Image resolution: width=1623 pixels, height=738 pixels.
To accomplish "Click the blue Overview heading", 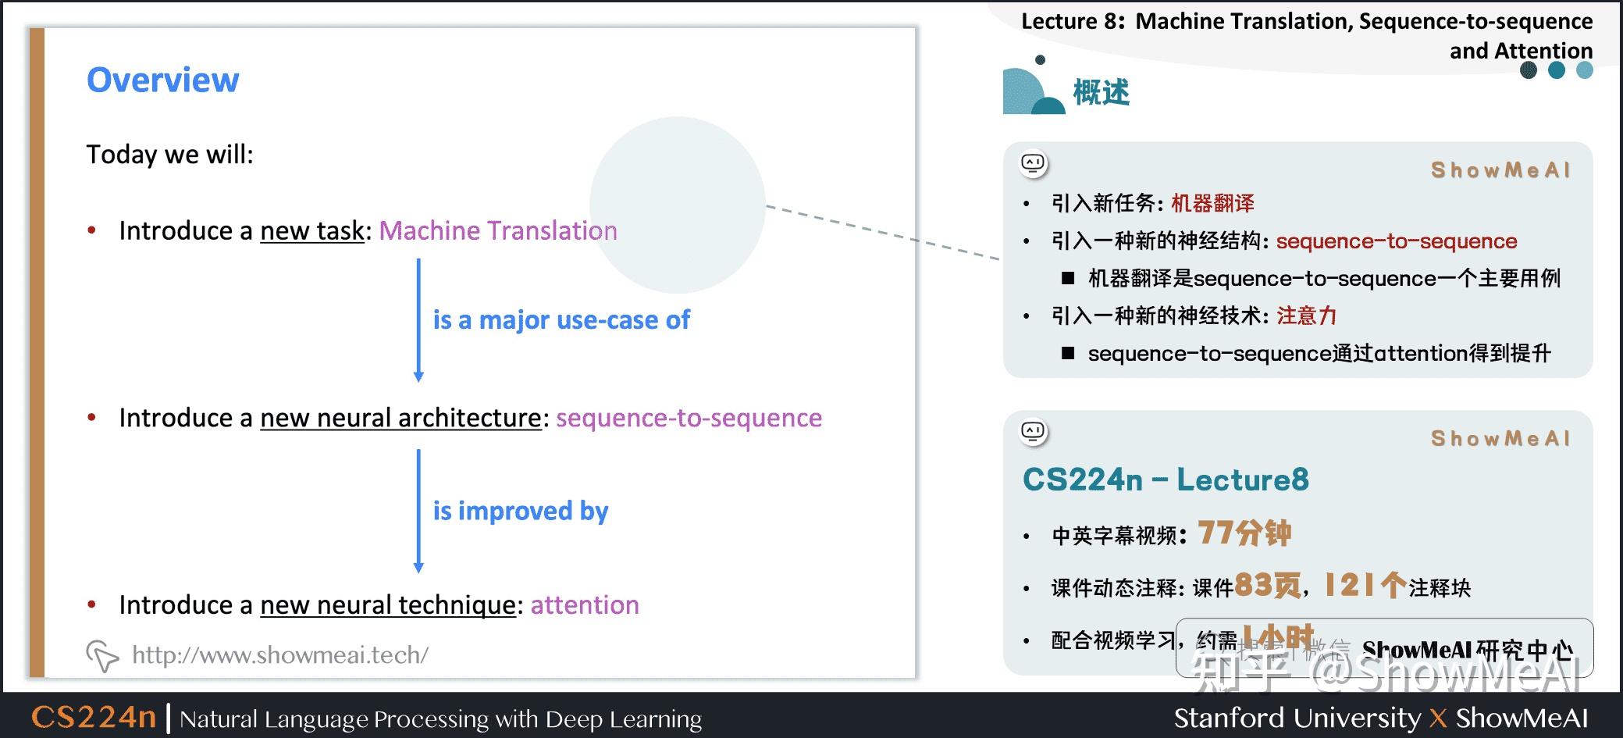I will pos(162,80).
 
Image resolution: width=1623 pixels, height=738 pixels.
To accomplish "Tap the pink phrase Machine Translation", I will pos(497,230).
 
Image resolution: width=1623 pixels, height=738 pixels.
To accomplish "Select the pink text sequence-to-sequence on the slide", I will pos(689,418).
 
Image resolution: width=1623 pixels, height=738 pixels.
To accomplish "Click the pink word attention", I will pos(585,605).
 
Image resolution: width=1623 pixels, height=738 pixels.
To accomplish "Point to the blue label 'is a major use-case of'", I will pos(561,319).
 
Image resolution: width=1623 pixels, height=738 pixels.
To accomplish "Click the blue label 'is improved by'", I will pos(520,511).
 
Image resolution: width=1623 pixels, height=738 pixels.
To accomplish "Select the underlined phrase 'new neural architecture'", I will pos(400,418).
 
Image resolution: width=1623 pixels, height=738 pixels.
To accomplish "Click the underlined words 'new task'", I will pos(312,230).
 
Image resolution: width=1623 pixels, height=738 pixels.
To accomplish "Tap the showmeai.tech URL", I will pos(279,654).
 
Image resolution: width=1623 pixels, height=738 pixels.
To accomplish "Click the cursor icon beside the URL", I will pos(101,655).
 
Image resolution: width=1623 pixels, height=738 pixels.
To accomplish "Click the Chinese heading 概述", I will pos(1101,92).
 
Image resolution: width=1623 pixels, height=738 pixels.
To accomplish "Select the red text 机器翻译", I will pos(1212,203).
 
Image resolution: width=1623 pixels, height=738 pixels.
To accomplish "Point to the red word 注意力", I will pos(1306,316).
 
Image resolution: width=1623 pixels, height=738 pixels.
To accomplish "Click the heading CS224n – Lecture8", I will pos(1165,480).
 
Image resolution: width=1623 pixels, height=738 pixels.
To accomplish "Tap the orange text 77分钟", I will pos(1244,533).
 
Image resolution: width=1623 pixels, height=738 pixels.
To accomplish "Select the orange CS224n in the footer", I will pos(94,717).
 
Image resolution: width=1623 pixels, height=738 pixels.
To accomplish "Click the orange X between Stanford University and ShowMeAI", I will pos(1437,718).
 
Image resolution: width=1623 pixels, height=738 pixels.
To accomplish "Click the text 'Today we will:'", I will pos(169,155).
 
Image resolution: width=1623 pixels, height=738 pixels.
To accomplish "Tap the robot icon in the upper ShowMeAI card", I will pos(1034,163).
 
